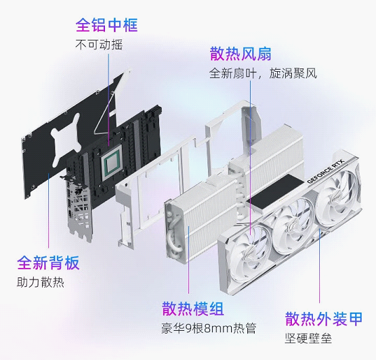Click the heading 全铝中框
coord(107,24)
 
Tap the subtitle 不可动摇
coord(99,45)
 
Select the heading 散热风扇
coord(241,53)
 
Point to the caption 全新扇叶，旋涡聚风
coord(263,73)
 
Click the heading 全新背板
coord(48,263)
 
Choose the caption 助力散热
coord(40,282)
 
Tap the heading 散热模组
coord(193,309)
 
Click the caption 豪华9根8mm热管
coord(209,328)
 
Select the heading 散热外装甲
coord(323,319)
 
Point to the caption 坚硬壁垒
coord(308,338)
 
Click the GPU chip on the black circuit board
coord(112,163)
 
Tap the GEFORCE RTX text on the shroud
coord(325,171)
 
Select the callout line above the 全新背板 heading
coord(48,210)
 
